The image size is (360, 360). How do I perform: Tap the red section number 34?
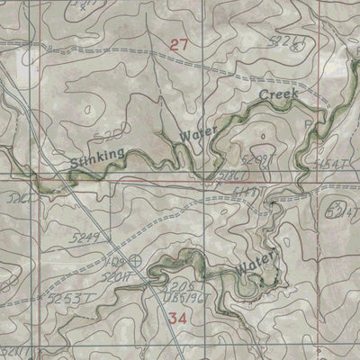coord(177,318)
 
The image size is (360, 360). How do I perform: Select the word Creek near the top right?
coord(278,94)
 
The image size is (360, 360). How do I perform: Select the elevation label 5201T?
coord(138,277)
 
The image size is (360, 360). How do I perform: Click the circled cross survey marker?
coord(135,262)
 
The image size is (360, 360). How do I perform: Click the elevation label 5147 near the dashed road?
coord(246,193)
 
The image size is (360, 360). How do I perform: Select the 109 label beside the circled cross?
coord(115,261)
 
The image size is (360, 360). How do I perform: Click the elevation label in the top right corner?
coord(288,41)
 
